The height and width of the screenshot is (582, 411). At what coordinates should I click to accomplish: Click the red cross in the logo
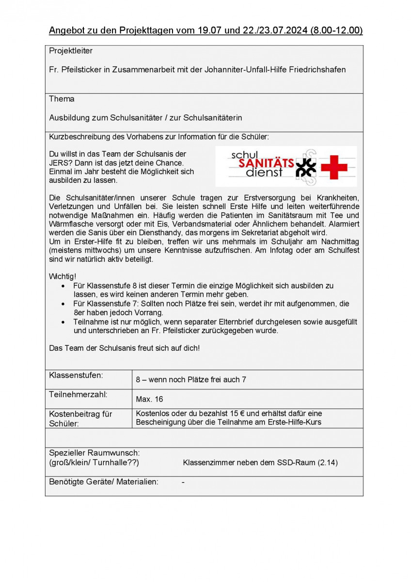[334, 166]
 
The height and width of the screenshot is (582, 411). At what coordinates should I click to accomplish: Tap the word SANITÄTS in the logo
[266, 163]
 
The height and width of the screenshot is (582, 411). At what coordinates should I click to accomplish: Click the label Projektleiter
[71, 51]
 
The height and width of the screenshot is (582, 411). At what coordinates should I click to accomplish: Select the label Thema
[62, 99]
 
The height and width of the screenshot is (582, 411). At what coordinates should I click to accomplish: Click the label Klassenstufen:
[76, 375]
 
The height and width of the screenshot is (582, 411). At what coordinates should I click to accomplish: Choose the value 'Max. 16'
[149, 399]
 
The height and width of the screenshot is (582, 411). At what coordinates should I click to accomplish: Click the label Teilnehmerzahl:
[79, 394]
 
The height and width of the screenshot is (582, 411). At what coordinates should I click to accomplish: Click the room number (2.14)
[328, 463]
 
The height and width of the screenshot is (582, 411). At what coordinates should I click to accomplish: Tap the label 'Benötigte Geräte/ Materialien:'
[104, 482]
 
